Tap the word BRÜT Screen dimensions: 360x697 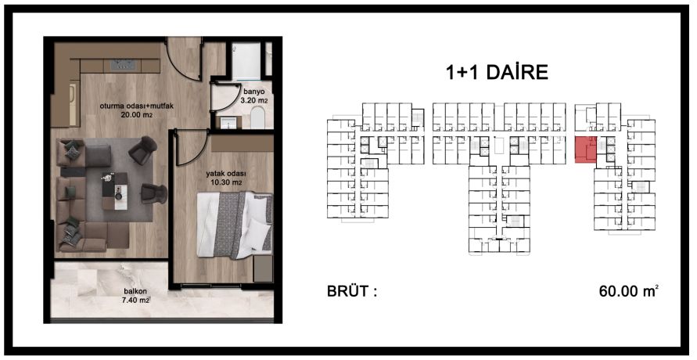point(351,293)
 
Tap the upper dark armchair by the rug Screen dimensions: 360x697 point(144,149)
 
